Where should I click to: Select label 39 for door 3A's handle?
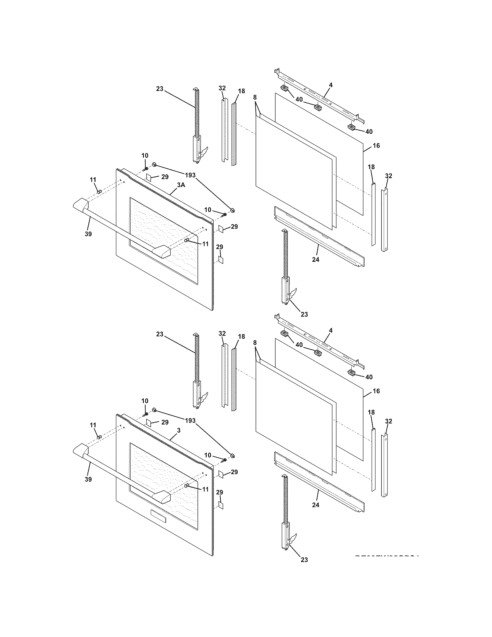88,234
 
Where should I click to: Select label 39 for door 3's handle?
88,479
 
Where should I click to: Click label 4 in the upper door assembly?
331,85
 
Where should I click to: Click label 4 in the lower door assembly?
331,330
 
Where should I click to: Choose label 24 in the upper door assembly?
316,259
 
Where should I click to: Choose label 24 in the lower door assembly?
316,505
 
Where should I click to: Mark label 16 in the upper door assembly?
376,145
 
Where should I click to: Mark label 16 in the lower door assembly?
376,391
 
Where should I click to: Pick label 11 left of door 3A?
93,180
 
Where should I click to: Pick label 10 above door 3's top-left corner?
145,401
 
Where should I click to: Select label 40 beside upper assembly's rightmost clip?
369,131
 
